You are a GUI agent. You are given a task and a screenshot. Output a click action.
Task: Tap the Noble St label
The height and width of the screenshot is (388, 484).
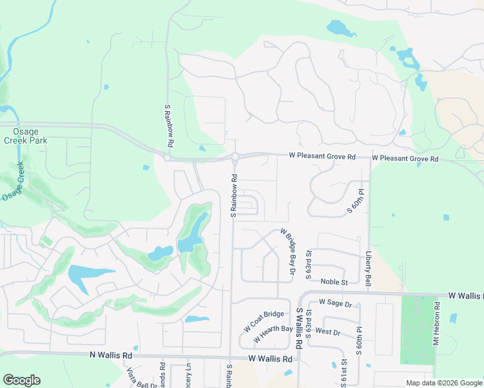pyautogui.click(x=335, y=282)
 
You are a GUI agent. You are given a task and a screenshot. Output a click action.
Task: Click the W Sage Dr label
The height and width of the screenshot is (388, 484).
pyautogui.click(x=335, y=303)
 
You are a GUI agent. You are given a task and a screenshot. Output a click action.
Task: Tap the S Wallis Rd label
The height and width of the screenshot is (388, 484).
pyautogui.click(x=300, y=329)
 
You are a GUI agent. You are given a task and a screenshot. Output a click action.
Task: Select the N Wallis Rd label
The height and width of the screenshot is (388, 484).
pyautogui.click(x=111, y=355)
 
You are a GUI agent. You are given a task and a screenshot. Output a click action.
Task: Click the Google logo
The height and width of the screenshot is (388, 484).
pyautogui.click(x=21, y=380)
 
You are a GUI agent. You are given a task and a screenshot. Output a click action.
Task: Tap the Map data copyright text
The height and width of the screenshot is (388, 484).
pyautogui.click(x=443, y=383)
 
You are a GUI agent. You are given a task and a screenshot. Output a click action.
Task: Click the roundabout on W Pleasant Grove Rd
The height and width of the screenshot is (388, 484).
pyautogui.click(x=234, y=156)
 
